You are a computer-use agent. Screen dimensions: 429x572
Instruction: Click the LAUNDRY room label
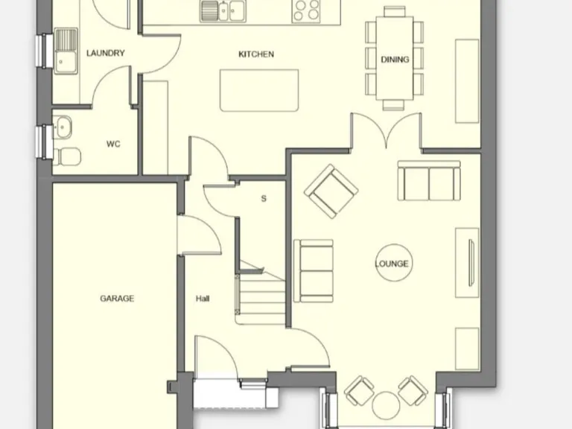coord(105,54)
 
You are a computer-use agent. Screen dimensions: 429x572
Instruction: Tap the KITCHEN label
coord(256,54)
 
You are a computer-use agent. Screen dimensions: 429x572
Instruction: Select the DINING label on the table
coord(395,60)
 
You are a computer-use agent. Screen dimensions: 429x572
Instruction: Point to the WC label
coord(113,144)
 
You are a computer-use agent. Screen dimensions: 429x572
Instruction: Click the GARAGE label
coord(117,299)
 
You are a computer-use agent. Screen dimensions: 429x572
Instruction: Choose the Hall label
coord(203,299)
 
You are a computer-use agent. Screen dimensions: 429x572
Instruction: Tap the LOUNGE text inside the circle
coord(392,264)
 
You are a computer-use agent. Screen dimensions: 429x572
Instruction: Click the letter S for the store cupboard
coord(264,199)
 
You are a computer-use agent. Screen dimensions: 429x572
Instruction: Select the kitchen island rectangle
coord(259,90)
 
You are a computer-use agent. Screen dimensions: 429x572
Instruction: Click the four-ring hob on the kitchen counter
coord(306,10)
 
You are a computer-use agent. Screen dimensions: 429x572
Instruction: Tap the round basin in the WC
coord(62,127)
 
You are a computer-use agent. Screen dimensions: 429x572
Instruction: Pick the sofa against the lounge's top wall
coord(428,180)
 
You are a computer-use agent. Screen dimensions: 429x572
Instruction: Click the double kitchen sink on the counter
coord(226,10)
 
